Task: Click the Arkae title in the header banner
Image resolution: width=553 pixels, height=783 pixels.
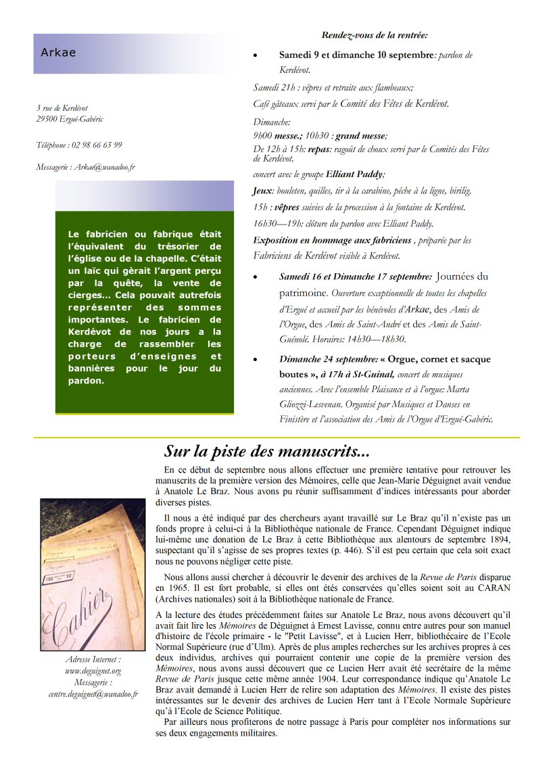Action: tap(58, 53)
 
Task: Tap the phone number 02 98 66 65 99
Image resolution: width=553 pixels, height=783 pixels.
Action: tap(95, 145)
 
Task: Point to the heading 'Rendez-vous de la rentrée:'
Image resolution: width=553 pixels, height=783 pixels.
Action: tap(375, 35)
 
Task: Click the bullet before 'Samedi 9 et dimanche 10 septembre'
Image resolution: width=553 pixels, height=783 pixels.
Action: tap(255, 55)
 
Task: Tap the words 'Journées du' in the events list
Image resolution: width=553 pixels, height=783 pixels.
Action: tap(462, 277)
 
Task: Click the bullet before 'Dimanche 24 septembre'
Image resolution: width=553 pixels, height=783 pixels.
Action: tap(255, 360)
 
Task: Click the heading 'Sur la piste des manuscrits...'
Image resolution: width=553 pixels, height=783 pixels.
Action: tap(266, 451)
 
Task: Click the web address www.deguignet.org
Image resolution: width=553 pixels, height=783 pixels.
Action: tap(93, 671)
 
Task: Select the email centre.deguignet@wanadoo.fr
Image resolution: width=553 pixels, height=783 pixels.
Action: tap(93, 694)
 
